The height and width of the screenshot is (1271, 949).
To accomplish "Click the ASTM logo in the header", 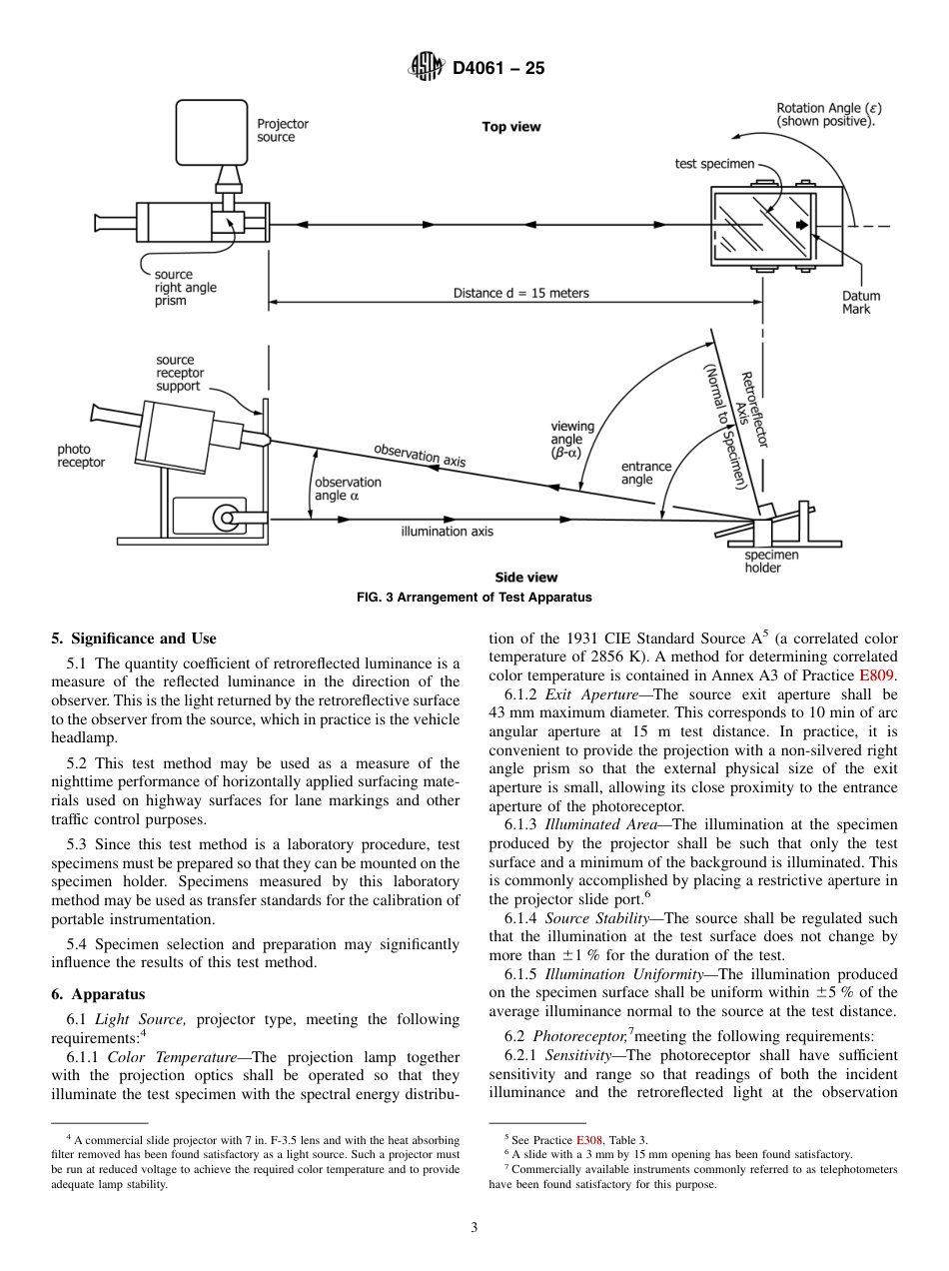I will pyautogui.click(x=427, y=69).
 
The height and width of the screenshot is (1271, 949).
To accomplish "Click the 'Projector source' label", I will pyautogui.click(x=283, y=131).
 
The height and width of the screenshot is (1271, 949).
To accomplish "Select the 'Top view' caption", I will pyautogui.click(x=510, y=127).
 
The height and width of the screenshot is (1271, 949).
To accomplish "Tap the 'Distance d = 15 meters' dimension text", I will pyautogui.click(x=520, y=293).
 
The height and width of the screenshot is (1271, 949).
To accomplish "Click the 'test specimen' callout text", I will pyautogui.click(x=714, y=164).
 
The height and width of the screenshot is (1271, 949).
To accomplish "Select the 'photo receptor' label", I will pyautogui.click(x=80, y=456).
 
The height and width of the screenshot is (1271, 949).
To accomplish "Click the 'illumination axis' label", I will pyautogui.click(x=447, y=532).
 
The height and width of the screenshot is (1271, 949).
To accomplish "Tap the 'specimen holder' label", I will pyautogui.click(x=771, y=562).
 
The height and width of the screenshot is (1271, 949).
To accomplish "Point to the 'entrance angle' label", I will pyautogui.click(x=645, y=473).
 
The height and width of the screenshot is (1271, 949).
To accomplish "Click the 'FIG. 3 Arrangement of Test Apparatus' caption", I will pyautogui.click(x=474, y=598).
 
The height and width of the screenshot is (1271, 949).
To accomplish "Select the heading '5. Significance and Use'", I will pyautogui.click(x=133, y=638).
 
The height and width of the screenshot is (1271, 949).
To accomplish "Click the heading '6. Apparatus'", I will pyautogui.click(x=98, y=994).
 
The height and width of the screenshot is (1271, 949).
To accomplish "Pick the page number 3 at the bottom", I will pyautogui.click(x=474, y=1228).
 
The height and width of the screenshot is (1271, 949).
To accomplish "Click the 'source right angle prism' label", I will pyautogui.click(x=185, y=287).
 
